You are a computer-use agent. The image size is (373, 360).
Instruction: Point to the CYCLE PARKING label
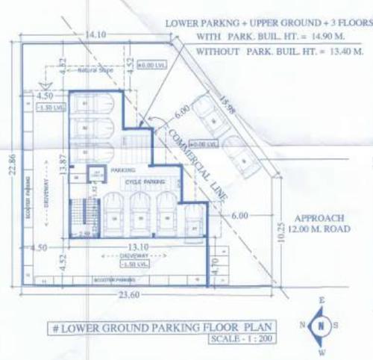[x=144, y=181]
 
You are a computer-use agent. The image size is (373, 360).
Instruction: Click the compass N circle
[x=320, y=327]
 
